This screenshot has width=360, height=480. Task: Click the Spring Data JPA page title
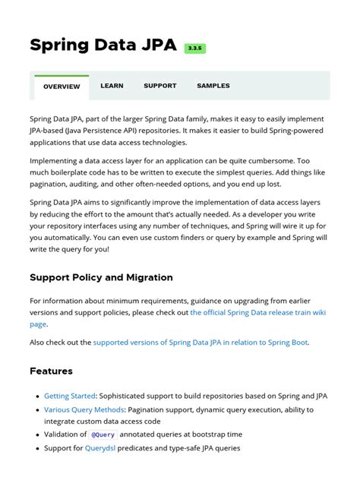pos(103,45)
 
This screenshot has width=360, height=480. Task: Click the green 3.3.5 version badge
pos(195,49)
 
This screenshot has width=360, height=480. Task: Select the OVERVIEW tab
pos(62,87)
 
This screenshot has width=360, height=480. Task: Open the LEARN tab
pos(112,86)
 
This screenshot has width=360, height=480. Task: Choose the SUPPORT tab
pos(160,86)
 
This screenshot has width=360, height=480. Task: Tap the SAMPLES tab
pos(213,86)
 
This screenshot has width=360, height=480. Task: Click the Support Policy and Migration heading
pos(101,277)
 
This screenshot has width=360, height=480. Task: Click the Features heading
pos(51,371)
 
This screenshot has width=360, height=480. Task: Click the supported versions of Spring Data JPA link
pos(201,343)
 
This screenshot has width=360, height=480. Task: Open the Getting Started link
pos(70,396)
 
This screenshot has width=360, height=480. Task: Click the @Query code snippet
pos(103,434)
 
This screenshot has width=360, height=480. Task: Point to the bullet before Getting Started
pos(37,396)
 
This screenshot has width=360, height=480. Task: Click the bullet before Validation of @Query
pos(37,434)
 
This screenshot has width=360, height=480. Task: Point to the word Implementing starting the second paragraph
pos(55,161)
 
